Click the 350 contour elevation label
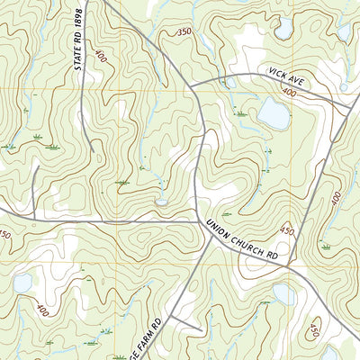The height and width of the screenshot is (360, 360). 184,32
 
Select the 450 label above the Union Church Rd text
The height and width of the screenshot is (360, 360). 288,230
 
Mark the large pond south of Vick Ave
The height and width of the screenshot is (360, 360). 273,114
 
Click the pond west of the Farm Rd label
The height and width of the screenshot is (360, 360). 23,284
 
